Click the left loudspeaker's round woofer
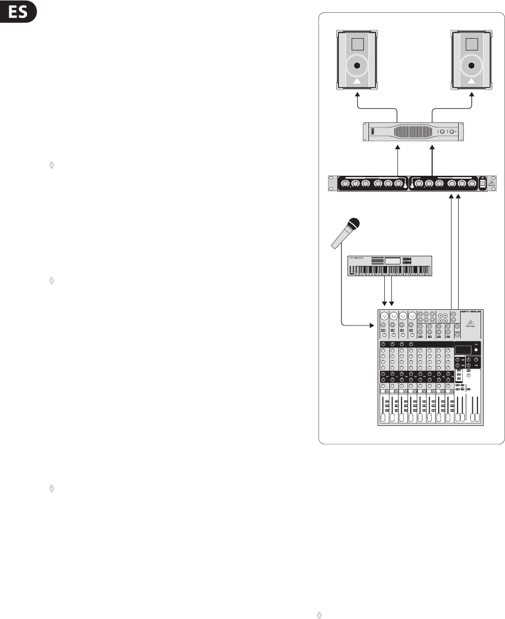pos(356,66)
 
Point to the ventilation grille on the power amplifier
pos(407,131)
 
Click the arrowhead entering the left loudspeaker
pos(356,95)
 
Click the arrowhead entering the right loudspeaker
pos(472,95)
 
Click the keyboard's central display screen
pos(392,261)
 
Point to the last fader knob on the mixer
pos(478,418)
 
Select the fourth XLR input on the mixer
pos(412,315)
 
